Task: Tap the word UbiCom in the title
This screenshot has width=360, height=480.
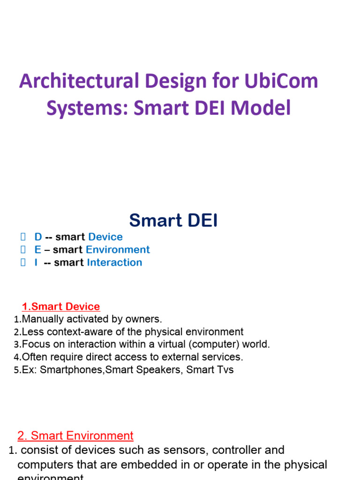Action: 279,82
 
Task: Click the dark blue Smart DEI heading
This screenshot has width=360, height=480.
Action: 173,220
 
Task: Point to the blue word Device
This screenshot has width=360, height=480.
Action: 105,237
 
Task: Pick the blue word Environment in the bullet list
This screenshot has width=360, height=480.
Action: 118,250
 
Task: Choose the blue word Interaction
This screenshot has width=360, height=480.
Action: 114,262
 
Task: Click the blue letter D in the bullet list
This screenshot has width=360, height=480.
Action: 38,237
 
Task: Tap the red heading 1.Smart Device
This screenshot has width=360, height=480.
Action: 61,307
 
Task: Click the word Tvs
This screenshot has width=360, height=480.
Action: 223,370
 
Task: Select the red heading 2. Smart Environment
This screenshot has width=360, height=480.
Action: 75,436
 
